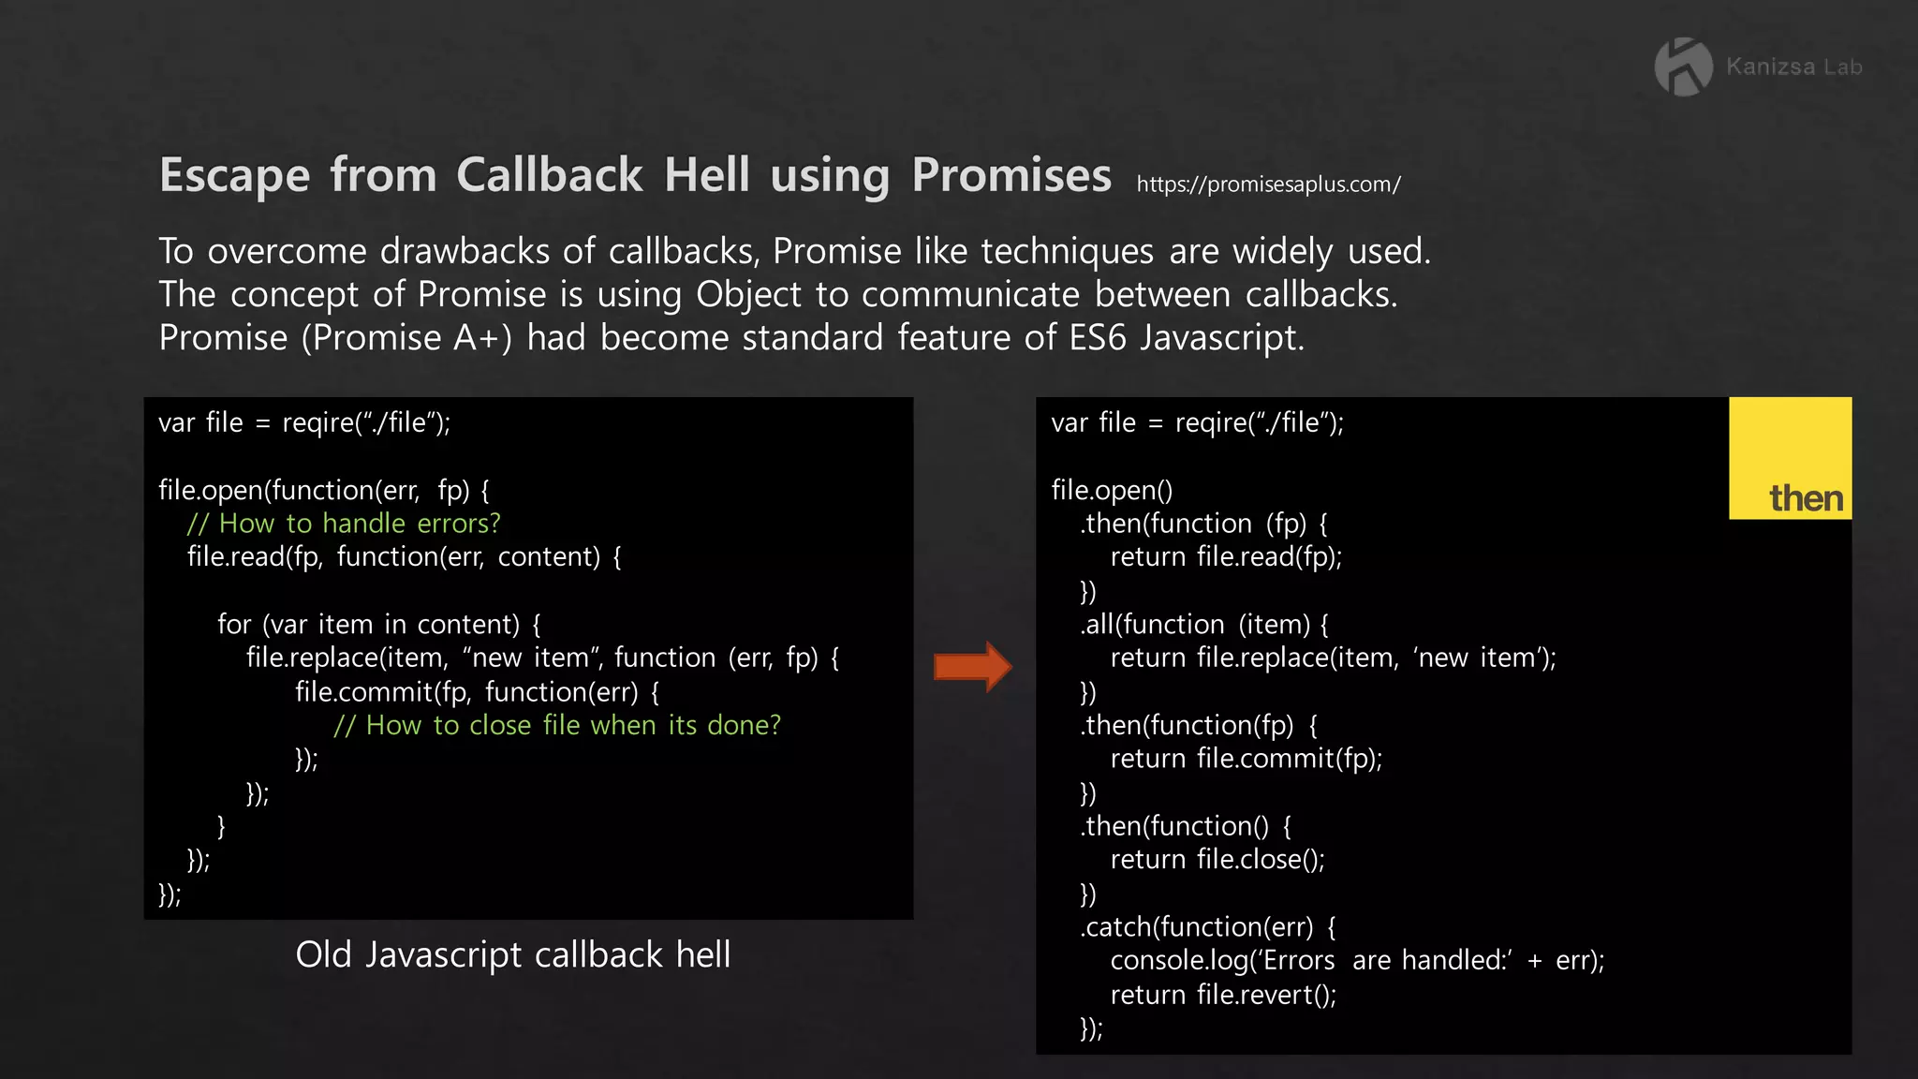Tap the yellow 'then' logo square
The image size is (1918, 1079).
click(1790, 458)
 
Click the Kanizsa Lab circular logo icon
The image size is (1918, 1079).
click(1683, 67)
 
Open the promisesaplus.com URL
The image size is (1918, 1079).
click(1268, 185)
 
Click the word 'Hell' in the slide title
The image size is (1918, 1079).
click(707, 175)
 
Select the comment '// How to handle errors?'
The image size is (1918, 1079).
click(344, 523)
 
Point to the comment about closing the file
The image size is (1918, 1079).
click(557, 725)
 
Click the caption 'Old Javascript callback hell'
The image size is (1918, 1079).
click(513, 954)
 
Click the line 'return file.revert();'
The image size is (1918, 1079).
click(1223, 994)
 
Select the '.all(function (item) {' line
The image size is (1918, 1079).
click(1204, 624)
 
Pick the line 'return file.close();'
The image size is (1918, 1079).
click(1217, 859)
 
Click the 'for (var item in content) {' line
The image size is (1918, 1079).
click(379, 624)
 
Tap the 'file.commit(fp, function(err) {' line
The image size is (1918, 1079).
click(478, 691)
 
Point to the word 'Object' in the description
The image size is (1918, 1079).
click(748, 294)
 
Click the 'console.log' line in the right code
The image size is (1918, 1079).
click(1357, 960)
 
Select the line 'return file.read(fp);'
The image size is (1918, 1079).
click(1226, 556)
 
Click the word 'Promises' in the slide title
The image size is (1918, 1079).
click(1011, 175)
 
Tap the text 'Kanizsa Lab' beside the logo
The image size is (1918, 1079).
click(1793, 67)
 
